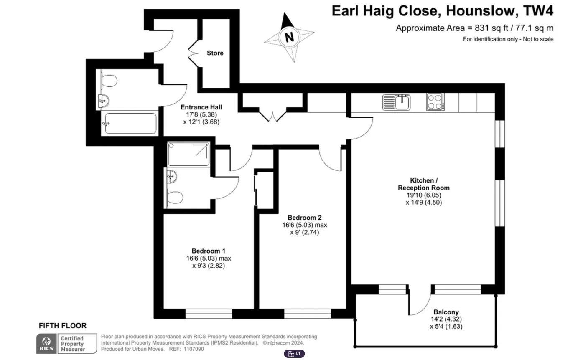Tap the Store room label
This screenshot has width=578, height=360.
pos(215,53)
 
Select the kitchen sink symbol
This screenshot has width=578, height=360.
pos(396,102)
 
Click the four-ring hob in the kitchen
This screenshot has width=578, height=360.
pos(435,102)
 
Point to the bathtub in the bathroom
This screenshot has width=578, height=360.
pos(130,124)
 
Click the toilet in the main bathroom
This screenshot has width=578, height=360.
pos(109,81)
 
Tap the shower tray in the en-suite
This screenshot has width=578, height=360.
pos(188,154)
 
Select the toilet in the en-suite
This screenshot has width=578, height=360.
pos(174,197)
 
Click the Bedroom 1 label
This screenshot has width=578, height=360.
pos(209,251)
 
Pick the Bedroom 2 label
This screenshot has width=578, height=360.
pos(304,218)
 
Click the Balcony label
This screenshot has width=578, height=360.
pos(446,312)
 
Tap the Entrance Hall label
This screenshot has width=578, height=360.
pos(201,107)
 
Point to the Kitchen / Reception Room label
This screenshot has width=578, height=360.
pos(423,184)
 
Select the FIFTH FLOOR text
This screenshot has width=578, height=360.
pos(63,326)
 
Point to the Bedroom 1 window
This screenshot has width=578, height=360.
pos(209,314)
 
